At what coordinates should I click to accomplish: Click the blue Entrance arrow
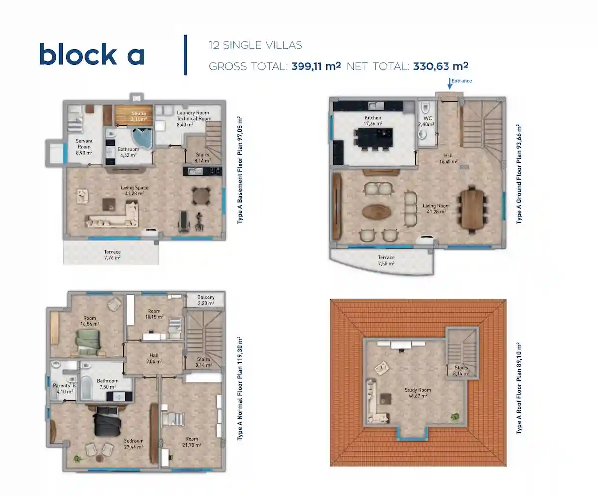[x=450, y=83]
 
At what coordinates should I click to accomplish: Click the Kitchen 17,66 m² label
[x=373, y=121]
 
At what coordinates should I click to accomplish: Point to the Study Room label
[x=418, y=393]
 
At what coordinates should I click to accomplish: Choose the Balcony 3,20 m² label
[x=206, y=300]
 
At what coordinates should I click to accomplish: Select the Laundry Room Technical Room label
[x=194, y=116]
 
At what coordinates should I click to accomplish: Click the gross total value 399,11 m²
[x=316, y=65]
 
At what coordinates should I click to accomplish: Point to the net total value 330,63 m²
[x=441, y=65]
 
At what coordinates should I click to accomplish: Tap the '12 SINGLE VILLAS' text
[x=256, y=45]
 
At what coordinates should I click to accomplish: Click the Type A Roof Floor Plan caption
[x=519, y=388]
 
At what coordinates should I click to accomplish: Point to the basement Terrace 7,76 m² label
[x=112, y=255]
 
